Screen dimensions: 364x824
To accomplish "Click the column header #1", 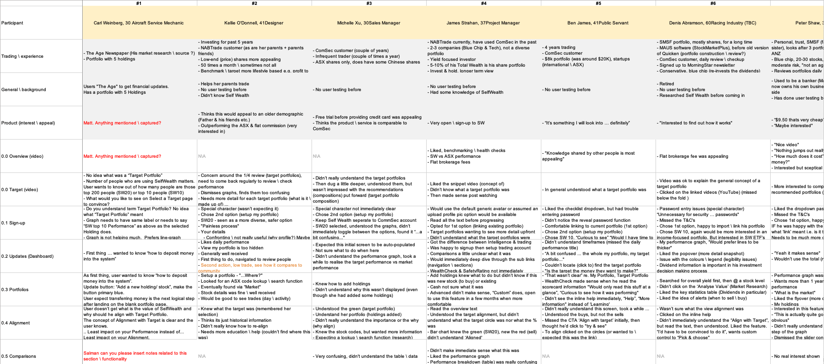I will [139, 3].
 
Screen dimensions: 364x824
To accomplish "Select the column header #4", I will [484, 3].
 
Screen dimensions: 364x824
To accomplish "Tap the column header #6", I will [713, 3].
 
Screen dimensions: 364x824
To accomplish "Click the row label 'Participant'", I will [12, 23].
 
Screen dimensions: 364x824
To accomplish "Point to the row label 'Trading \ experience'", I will [22, 56].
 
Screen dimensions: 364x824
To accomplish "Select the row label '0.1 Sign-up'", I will [13, 223].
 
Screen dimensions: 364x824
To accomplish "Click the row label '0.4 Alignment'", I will [16, 323].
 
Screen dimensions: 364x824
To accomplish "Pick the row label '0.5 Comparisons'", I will [18, 356].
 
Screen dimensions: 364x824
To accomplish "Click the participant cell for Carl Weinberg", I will [139, 23].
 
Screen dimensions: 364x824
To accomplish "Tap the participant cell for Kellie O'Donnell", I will [254, 23].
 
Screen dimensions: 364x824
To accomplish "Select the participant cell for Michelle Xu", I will [368, 23].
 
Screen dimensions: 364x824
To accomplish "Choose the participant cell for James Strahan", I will [483, 23].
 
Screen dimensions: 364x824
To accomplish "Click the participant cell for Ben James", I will [598, 23].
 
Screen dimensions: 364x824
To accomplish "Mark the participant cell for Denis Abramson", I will [712, 23].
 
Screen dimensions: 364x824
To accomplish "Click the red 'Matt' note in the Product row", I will [122, 123].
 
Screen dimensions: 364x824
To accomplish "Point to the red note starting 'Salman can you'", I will [135, 356].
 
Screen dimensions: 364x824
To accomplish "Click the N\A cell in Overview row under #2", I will [202, 156].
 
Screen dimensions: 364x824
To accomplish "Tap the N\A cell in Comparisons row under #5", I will [546, 356].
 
